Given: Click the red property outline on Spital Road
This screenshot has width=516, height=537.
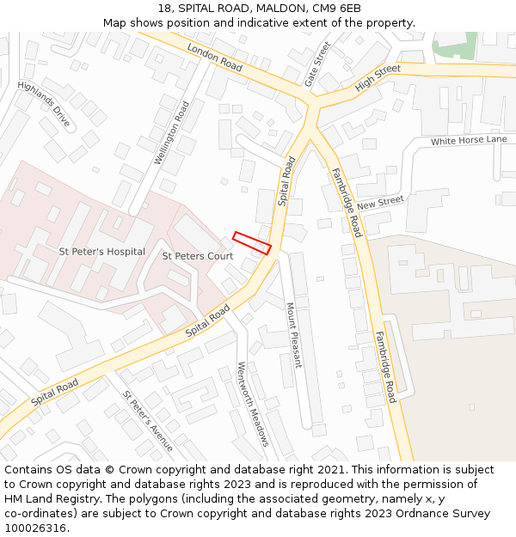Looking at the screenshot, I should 252,242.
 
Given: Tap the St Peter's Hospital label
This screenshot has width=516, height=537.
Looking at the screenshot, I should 101,253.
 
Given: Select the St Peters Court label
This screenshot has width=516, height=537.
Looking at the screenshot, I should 198,256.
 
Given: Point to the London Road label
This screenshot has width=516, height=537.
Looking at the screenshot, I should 214,58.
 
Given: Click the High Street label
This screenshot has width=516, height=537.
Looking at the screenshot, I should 378,77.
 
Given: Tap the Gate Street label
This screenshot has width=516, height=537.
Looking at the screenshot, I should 317,64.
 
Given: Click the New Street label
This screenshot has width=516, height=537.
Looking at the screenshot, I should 380,203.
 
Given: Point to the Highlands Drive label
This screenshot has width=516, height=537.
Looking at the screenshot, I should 44,104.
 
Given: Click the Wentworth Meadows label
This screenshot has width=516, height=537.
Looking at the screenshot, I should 254,404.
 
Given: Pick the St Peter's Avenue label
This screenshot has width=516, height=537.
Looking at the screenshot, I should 147,421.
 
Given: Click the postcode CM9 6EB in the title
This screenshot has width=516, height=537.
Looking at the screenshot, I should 336,9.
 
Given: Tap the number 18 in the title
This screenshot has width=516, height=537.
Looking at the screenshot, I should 164,9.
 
